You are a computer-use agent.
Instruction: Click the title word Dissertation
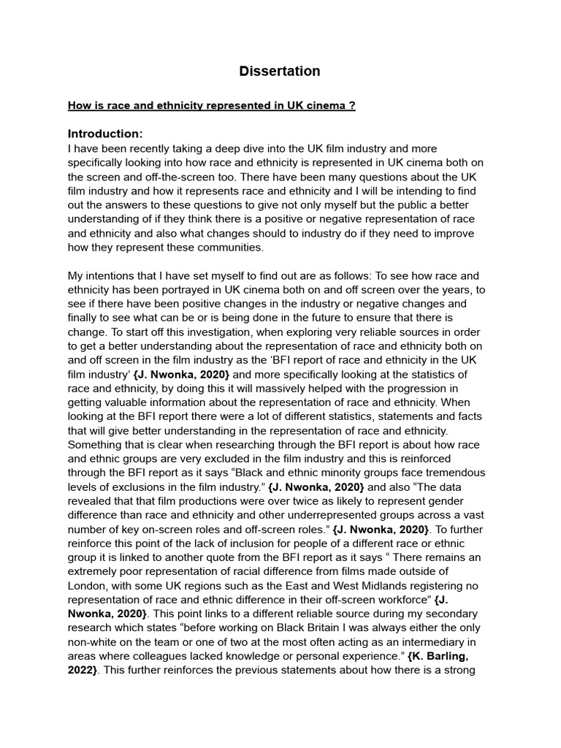coord(280,71)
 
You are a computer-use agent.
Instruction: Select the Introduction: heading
coord(105,134)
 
